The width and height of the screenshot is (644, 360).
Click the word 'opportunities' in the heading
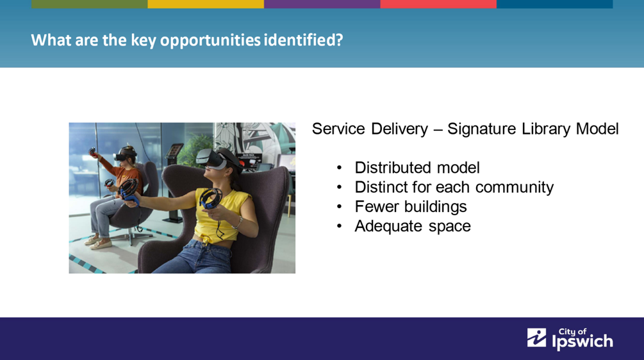click(210, 40)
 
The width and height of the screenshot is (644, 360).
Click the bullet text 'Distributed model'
click(417, 167)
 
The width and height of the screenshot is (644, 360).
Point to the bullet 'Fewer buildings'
click(411, 206)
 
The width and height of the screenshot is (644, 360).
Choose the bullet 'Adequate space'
click(413, 226)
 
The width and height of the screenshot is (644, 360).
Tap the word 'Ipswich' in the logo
click(582, 342)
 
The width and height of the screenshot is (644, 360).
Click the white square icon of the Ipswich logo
click(536, 338)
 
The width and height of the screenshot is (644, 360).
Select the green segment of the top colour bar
click(90, 4)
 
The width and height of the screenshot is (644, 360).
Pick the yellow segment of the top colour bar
click(206, 4)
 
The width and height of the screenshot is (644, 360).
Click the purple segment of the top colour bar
click(322, 4)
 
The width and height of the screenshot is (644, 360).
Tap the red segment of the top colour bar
click(438, 4)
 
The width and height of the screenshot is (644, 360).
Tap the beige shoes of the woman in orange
click(98, 242)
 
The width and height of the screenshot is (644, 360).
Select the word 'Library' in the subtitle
click(546, 129)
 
